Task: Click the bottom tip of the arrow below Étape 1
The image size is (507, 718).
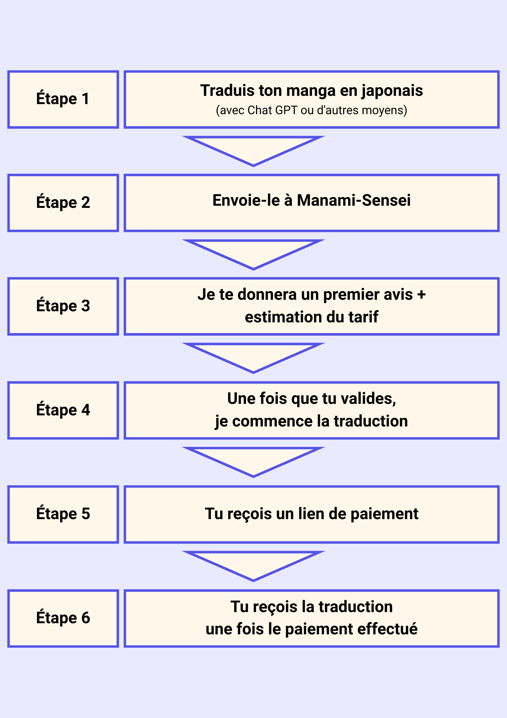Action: tap(253, 166)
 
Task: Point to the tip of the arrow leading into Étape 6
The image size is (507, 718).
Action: tap(253, 581)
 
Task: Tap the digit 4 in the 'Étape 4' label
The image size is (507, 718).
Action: tap(85, 410)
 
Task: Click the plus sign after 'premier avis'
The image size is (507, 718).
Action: tap(421, 294)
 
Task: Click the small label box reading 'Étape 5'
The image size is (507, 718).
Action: tap(63, 514)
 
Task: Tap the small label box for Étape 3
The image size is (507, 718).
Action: tap(63, 306)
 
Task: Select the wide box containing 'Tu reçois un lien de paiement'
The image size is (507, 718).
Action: tap(312, 514)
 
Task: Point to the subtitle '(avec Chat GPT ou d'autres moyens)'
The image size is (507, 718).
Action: tap(312, 110)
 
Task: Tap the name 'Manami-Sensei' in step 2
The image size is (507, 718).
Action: tap(354, 200)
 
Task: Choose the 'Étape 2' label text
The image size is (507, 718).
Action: tap(63, 202)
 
